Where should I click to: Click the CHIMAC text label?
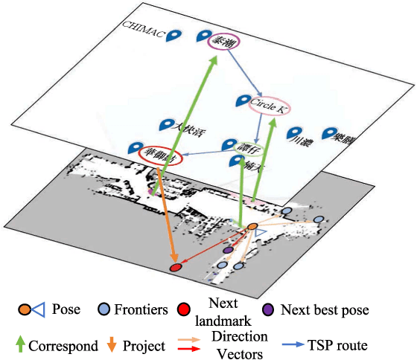143,27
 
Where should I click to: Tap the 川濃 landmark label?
300,139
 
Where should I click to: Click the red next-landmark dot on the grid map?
176,266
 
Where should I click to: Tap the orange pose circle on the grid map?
252,226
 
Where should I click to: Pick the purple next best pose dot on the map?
228,250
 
